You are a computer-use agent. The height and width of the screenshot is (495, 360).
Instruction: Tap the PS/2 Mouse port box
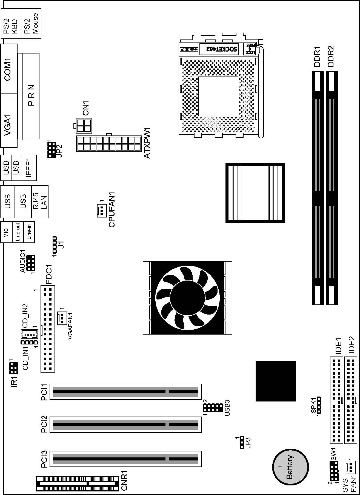(31, 23)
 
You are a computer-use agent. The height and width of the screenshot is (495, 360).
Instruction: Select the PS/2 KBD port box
(11, 23)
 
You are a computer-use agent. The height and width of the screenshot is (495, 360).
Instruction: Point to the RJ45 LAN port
(40, 202)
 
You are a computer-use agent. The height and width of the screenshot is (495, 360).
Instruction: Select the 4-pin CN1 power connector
(84, 126)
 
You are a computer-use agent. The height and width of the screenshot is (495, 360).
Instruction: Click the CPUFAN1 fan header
(101, 210)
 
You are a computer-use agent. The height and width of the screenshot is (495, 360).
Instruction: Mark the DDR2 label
(331, 56)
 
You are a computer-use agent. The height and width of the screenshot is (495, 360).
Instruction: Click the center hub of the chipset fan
(188, 298)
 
